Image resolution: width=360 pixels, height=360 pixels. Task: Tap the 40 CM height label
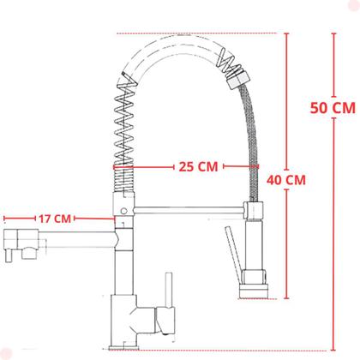coord(286,180)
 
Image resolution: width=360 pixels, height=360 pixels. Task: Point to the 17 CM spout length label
coord(57,219)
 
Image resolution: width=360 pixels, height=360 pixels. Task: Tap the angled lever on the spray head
coord(231,249)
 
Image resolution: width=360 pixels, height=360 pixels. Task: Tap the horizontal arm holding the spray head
coord(189,207)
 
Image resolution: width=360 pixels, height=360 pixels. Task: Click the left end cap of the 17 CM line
coord(3,219)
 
